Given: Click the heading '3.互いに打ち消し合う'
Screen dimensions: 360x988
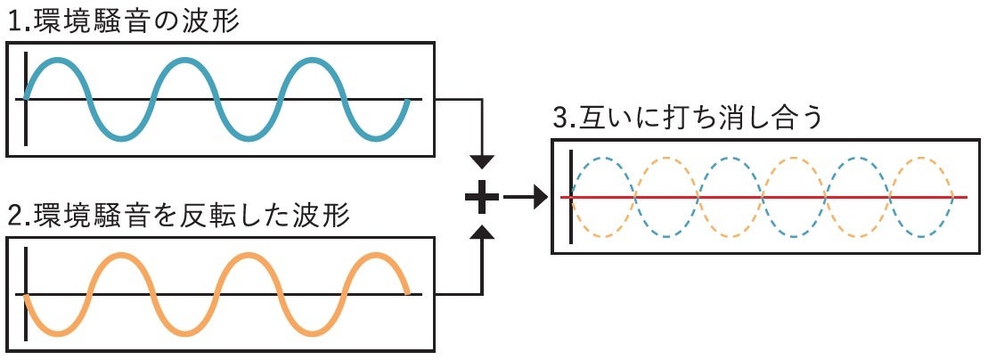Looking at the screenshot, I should pos(687,119).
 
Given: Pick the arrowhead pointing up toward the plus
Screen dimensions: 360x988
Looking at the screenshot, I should pos(481,233).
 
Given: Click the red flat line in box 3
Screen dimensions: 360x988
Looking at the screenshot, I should pos(766,197).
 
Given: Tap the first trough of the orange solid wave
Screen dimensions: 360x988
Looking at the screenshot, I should pos(58,333).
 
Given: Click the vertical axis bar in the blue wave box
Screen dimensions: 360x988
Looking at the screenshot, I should pos(27,98).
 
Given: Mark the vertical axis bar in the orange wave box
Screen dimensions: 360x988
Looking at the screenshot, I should pos(27,294).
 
